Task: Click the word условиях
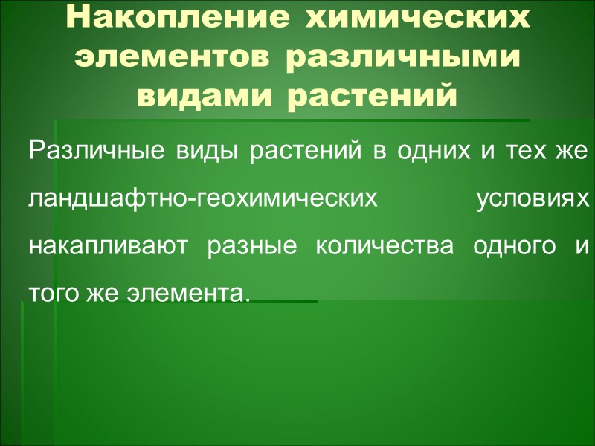pyautogui.click(x=533, y=199)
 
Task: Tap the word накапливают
pyautogui.click(x=103, y=246)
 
